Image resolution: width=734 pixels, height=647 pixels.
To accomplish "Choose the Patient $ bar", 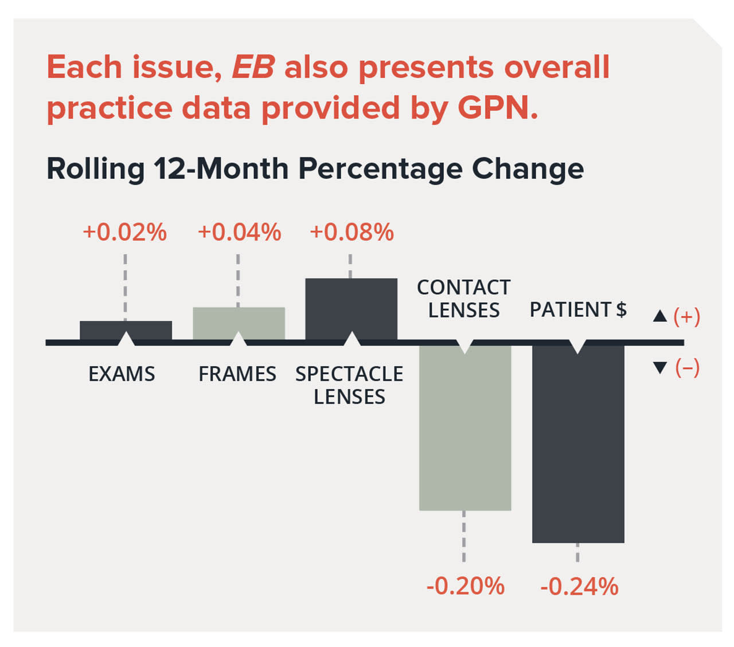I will (x=578, y=444).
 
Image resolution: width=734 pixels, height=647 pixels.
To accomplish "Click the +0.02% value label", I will (x=124, y=233).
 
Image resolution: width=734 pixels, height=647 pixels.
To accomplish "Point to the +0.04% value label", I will (x=239, y=233).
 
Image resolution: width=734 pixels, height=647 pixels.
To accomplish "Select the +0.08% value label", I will (x=352, y=233).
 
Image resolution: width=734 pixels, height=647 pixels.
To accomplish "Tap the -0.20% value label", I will (x=465, y=586).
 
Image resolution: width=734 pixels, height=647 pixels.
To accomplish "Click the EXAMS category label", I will (x=122, y=374).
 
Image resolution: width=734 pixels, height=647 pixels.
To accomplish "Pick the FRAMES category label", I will (x=237, y=374).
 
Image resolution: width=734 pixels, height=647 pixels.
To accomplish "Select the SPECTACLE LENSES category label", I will (x=349, y=385).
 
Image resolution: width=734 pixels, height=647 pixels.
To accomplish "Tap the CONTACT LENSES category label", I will (x=464, y=299).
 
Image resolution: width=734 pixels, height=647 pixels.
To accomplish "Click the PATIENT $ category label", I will (x=578, y=309).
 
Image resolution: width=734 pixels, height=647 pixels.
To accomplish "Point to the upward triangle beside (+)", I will (x=660, y=316).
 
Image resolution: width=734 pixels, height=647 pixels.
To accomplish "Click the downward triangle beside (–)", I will (x=660, y=367).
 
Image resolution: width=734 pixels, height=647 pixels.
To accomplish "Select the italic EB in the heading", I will (x=253, y=67).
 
